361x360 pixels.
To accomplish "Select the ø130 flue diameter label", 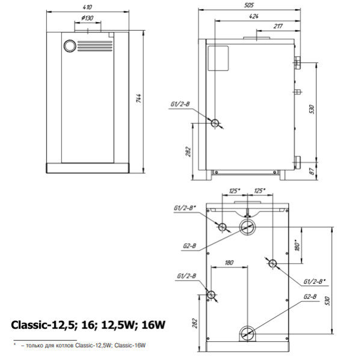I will [87, 18].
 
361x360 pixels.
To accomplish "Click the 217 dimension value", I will [278, 26].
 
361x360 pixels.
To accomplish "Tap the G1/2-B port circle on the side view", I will [215, 122].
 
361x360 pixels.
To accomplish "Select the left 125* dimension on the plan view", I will [235, 191].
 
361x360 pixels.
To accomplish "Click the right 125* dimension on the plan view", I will [260, 191].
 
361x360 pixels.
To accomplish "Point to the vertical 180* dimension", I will [296, 245].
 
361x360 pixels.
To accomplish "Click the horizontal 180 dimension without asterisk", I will [229, 263].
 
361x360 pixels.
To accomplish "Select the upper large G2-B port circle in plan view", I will [247, 227].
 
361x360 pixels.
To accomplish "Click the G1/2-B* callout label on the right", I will [315, 281].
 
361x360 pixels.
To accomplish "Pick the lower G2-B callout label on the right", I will [310, 297].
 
